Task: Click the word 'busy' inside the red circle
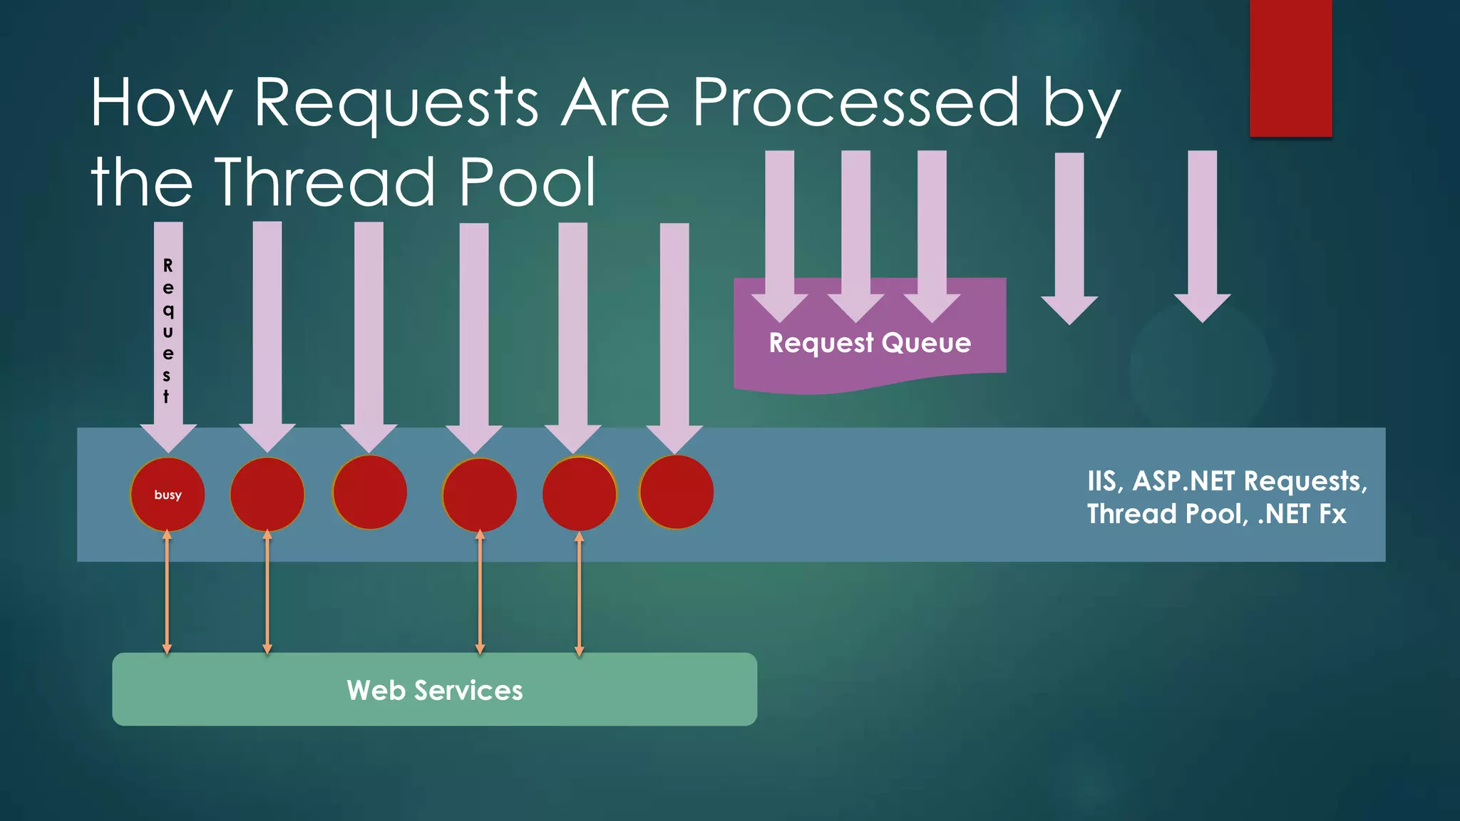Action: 168,495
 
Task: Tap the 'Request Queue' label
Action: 870,343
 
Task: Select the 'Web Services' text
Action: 435,690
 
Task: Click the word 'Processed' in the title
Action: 856,103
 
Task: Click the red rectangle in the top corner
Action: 1290,68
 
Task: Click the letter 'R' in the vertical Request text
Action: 168,266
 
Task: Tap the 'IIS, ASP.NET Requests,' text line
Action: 1227,481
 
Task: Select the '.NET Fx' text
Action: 1302,514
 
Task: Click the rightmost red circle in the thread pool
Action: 677,492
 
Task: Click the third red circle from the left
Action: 369,492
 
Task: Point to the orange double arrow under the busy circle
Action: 167,592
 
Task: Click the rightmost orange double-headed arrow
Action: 579,593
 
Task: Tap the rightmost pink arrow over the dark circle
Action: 1202,235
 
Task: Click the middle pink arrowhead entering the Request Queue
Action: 855,306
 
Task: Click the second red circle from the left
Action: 267,494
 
